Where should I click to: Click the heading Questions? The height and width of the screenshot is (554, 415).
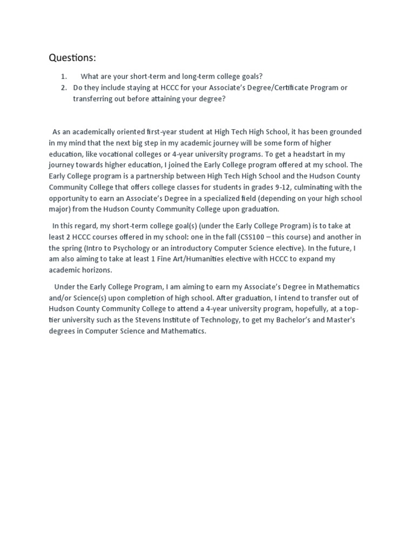click(x=72, y=57)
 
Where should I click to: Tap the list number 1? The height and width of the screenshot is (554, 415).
click(x=64, y=76)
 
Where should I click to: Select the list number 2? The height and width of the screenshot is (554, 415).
click(x=64, y=88)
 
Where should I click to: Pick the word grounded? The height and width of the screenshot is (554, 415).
click(x=344, y=131)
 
